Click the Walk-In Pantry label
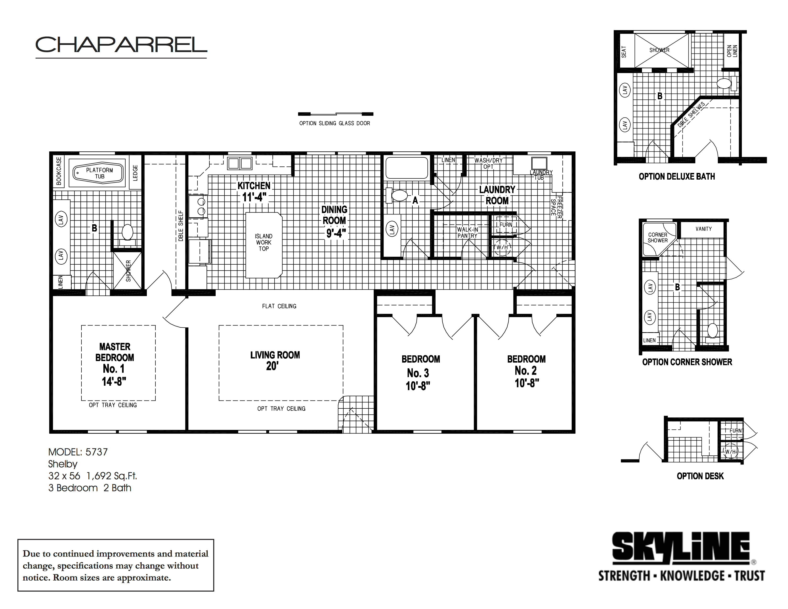point(467,233)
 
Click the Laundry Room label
point(497,195)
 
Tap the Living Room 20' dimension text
point(272,366)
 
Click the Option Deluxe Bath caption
point(676,176)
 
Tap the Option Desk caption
point(700,476)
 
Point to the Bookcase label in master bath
point(59,171)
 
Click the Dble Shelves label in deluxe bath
point(691,115)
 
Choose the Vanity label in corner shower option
point(703,229)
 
